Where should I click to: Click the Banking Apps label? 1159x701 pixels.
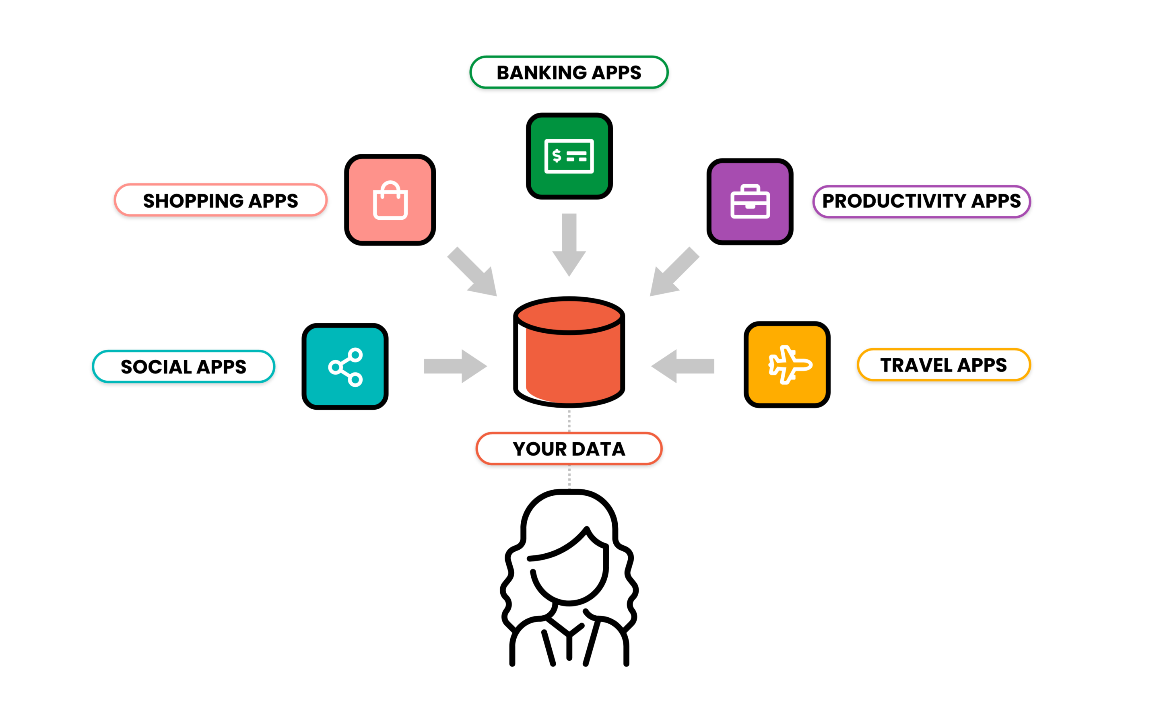pos(569,72)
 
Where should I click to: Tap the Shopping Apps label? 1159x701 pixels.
pos(220,200)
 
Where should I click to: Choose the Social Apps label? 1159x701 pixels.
pos(184,367)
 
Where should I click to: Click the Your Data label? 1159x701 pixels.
pos(569,448)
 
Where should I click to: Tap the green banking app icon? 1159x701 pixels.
pos(569,156)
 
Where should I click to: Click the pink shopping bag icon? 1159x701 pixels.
pos(390,200)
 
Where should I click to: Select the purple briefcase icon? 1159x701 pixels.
pos(749,201)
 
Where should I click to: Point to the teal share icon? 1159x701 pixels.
pos(345,366)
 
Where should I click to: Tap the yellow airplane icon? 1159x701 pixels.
pos(786,364)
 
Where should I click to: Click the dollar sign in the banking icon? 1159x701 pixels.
pos(557,155)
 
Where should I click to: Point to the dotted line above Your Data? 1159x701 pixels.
pos(569,420)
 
